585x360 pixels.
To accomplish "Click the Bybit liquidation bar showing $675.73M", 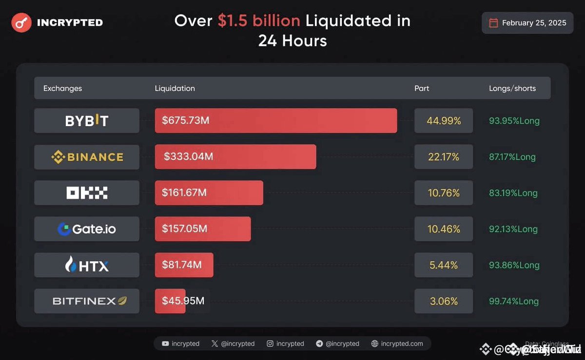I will [275, 120].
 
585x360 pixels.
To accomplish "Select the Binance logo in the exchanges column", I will [87, 157].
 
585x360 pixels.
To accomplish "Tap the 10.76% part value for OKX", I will [444, 193].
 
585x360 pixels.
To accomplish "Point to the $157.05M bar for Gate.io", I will [203, 229].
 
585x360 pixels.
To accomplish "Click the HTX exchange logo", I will [87, 265].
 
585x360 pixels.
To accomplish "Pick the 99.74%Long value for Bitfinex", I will [513, 301].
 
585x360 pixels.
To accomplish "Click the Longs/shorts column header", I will [512, 88].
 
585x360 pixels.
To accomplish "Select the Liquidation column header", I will [175, 88].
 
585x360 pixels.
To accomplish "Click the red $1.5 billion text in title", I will [258, 20].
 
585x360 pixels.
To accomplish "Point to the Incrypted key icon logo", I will [21, 22].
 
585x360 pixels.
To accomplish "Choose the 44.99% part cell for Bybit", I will [444, 121].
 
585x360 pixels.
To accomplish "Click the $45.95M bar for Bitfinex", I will [170, 301].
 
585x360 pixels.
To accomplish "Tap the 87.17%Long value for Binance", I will [512, 157].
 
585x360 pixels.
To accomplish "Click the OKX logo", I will [87, 193].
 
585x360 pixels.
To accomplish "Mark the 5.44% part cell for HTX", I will [444, 265].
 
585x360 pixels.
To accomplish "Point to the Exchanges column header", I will [62, 88].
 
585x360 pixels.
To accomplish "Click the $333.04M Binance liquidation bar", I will [235, 157].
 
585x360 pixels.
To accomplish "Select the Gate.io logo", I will [87, 229].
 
